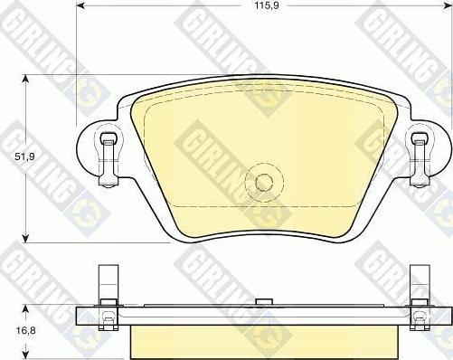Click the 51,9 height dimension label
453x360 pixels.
[25, 156]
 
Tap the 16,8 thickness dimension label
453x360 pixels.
[25, 330]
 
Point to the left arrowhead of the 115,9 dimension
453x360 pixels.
[80, 5]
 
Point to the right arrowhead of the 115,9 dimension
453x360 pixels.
[448, 5]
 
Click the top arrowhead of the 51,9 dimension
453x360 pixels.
[26, 79]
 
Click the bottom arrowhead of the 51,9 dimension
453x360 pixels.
[26, 238]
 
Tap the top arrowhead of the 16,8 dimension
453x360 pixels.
[26, 309]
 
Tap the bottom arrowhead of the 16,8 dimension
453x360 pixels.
[26, 355]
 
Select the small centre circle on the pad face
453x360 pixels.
[264, 182]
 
